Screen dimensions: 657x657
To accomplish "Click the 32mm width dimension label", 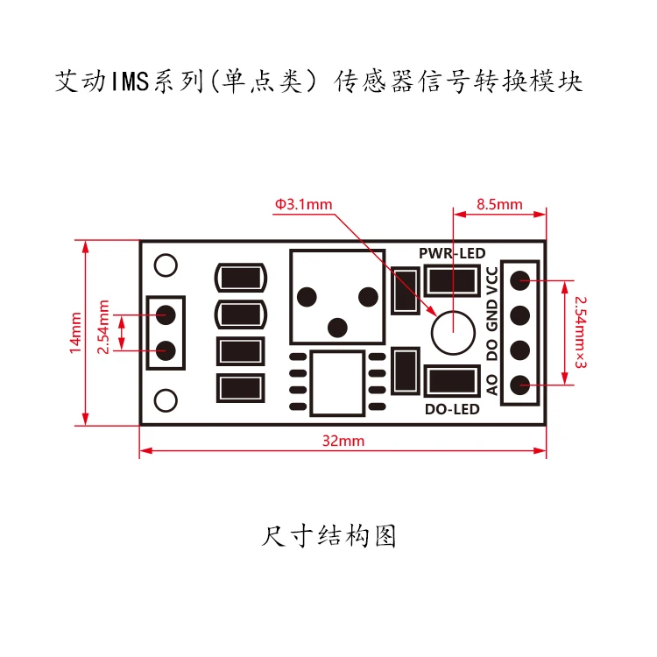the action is pyautogui.click(x=343, y=441).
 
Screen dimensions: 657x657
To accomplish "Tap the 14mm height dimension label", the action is pyautogui.click(x=75, y=333).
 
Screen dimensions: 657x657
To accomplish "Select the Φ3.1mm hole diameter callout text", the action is pyautogui.click(x=303, y=204).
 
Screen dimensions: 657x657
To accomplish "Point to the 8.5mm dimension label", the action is pyautogui.click(x=499, y=204).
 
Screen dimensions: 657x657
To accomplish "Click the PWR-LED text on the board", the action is pyautogui.click(x=452, y=253).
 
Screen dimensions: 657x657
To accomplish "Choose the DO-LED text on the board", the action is pyautogui.click(x=452, y=409).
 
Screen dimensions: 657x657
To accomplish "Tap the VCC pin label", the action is pyautogui.click(x=492, y=280).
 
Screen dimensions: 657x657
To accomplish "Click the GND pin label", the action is pyautogui.click(x=492, y=315).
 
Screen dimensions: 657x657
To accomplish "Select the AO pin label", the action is pyautogui.click(x=492, y=385).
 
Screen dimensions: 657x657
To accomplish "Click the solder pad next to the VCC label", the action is pyautogui.click(x=520, y=280).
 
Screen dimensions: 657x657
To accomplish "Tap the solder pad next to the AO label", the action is pyautogui.click(x=520, y=385).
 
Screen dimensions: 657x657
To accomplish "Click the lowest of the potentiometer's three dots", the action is pyautogui.click(x=337, y=328).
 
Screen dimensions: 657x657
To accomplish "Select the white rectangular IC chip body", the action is pyautogui.click(x=337, y=384).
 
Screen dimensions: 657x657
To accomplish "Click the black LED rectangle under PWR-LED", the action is pyautogui.click(x=452, y=280).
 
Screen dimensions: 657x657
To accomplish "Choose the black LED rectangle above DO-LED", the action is pyautogui.click(x=452, y=381).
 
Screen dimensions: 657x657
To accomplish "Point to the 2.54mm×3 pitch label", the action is pyautogui.click(x=580, y=332).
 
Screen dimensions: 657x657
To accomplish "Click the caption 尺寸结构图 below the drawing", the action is pyautogui.click(x=328, y=536).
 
